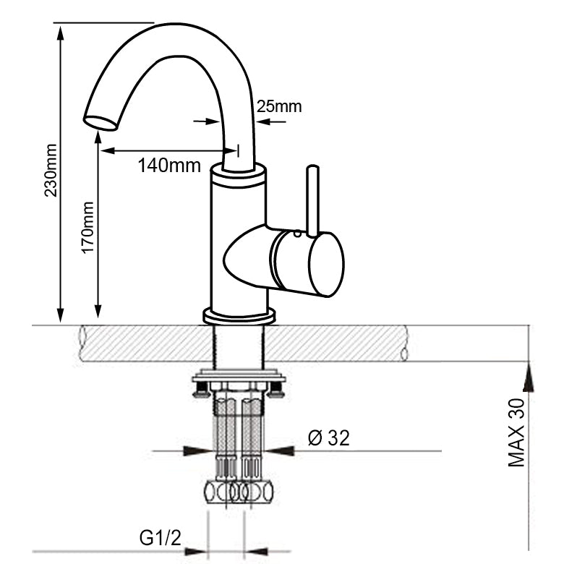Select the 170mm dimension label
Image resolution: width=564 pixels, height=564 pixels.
pyautogui.click(x=87, y=227)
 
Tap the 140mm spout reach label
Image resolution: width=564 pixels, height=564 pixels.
pyautogui.click(x=169, y=165)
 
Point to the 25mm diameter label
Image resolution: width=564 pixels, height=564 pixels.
pyautogui.click(x=278, y=107)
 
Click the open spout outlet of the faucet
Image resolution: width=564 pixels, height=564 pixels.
pyautogui.click(x=100, y=122)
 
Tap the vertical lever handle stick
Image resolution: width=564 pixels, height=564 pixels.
pyautogui.click(x=312, y=200)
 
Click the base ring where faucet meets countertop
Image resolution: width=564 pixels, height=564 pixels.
pyautogui.click(x=239, y=316)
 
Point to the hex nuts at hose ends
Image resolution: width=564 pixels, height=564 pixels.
pyautogui.click(x=239, y=492)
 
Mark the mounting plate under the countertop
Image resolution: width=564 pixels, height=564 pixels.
pyautogui.click(x=239, y=377)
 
